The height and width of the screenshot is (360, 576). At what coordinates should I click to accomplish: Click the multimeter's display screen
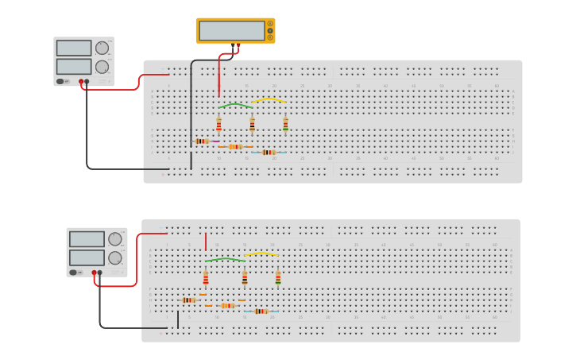click(x=231, y=30)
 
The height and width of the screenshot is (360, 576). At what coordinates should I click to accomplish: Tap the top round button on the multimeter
click(x=270, y=24)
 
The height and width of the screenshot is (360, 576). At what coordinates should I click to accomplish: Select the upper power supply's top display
click(x=74, y=48)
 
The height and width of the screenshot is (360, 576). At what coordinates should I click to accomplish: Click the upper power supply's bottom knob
click(x=102, y=67)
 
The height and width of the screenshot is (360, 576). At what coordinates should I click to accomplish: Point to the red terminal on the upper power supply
click(x=81, y=81)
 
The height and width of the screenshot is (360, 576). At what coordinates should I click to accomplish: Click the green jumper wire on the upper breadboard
click(x=234, y=104)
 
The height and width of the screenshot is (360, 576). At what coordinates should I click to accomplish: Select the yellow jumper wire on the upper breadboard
click(x=269, y=100)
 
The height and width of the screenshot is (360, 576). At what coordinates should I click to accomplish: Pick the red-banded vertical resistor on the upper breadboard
click(x=218, y=125)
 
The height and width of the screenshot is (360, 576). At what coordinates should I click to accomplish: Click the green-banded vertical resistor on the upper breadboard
click(x=285, y=125)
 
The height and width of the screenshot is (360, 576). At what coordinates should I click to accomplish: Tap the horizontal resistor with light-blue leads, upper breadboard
click(x=269, y=152)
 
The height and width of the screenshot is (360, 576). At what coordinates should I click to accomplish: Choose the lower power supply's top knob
click(x=114, y=238)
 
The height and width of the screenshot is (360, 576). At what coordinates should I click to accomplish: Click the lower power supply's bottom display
click(x=87, y=257)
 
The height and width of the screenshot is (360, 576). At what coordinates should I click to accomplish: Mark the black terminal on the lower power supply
click(x=100, y=273)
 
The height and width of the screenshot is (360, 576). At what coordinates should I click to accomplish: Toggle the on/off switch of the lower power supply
click(x=73, y=273)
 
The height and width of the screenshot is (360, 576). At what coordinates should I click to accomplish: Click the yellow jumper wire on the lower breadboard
click(x=261, y=254)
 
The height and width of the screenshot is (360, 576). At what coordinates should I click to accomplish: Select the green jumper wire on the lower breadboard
click(x=225, y=259)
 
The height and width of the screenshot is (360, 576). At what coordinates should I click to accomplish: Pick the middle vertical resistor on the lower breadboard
click(x=245, y=278)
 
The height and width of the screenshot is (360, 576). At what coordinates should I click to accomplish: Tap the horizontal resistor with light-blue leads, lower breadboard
click(x=261, y=311)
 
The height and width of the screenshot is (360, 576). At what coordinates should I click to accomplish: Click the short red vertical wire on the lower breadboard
click(x=206, y=242)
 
